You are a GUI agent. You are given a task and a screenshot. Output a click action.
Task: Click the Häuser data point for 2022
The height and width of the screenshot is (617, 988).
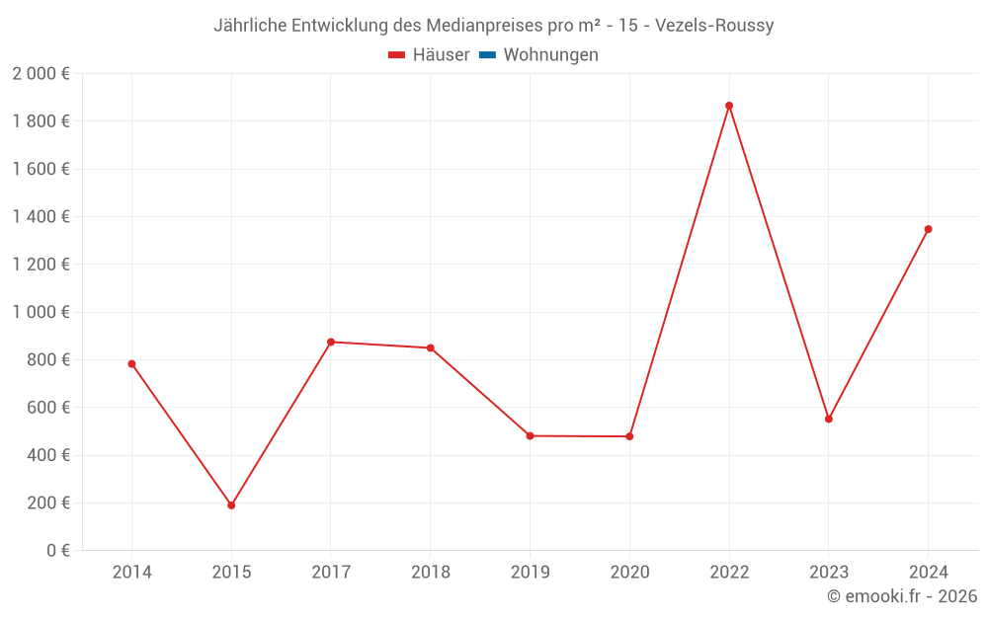729,106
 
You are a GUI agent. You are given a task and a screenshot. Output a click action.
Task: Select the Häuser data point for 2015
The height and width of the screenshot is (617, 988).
231,505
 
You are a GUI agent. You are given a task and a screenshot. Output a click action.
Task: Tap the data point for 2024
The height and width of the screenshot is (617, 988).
928,229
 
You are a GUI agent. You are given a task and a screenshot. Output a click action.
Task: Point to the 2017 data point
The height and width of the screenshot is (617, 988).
331,342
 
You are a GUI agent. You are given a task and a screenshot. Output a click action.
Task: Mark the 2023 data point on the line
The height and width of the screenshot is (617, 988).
829,419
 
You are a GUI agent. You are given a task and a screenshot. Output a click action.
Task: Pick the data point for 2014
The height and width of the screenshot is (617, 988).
131,364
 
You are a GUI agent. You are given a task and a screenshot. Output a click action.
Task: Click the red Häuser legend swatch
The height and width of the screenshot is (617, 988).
397,55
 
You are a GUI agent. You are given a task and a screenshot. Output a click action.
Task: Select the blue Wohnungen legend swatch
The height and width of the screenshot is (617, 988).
487,55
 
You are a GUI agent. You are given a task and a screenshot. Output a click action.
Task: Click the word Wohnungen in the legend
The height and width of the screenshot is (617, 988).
550,55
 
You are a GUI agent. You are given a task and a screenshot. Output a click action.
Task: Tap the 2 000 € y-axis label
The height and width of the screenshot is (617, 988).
41,74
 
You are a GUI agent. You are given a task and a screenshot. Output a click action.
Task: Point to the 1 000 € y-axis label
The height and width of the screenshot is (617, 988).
41,312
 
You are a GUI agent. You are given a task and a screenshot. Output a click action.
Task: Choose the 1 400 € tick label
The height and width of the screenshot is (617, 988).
41,217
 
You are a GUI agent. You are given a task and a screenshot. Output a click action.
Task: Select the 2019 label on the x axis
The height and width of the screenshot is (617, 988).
530,573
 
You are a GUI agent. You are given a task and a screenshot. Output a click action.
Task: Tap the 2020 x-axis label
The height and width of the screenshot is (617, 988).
629,573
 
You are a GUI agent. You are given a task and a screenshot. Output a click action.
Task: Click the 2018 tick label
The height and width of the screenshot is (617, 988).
430,573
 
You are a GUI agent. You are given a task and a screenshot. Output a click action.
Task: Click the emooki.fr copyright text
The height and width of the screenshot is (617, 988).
902,596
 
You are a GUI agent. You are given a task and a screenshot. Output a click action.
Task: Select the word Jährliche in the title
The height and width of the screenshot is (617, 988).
250,26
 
